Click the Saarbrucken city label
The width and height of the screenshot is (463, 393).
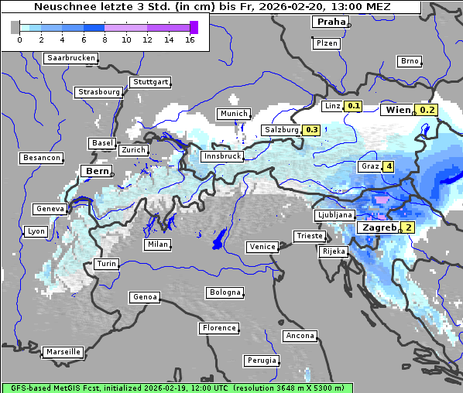pos(71,58)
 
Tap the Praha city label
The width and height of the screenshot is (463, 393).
pos(331,22)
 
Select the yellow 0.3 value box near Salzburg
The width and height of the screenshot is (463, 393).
pos(312,130)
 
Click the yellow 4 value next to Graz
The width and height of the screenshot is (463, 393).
pos(388,166)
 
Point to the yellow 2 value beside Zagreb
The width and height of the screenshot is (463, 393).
pos(408,227)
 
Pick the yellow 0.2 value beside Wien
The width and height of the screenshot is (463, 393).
pos(427,110)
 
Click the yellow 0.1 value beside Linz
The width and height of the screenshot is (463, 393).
pos(354,106)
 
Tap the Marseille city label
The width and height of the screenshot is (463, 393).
pos(63,352)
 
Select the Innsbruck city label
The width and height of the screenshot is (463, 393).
pos(221,156)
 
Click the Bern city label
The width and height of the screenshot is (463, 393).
pos(97,171)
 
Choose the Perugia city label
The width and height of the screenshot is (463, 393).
pos(261,361)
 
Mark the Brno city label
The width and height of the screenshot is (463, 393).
pos(410,61)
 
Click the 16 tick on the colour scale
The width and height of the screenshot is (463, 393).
pos(190,39)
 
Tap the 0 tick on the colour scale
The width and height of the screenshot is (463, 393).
pos(19,39)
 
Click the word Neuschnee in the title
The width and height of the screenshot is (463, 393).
pos(63,7)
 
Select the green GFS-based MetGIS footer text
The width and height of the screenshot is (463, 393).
pos(176,388)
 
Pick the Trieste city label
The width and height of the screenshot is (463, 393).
pos(309,236)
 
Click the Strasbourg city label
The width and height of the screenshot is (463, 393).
pos(99,92)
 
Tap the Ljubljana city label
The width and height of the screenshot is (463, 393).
pos(335,215)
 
